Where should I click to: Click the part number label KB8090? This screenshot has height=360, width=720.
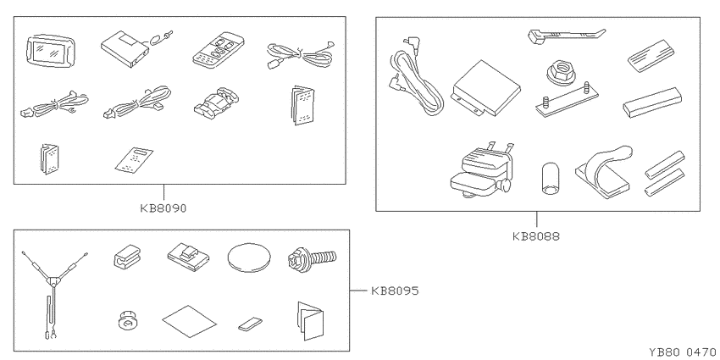pyautogui.click(x=163, y=208)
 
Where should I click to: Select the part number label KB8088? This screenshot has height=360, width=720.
pyautogui.click(x=536, y=236)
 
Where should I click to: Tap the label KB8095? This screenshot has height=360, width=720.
pyautogui.click(x=395, y=291)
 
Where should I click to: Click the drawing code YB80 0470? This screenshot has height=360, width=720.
pyautogui.click(x=684, y=352)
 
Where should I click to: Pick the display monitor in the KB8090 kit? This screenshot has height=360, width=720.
pyautogui.click(x=51, y=50)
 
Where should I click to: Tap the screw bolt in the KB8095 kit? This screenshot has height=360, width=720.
pyautogui.click(x=313, y=258)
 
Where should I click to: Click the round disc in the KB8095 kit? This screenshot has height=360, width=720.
pyautogui.click(x=249, y=258)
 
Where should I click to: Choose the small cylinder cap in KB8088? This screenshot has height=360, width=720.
pyautogui.click(x=550, y=179)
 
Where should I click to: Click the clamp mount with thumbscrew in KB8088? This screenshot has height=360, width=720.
pyautogui.click(x=483, y=171)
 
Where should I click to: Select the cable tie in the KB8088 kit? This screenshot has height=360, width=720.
pyautogui.click(x=567, y=36)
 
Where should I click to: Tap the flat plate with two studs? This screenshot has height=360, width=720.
pyautogui.click(x=567, y=100)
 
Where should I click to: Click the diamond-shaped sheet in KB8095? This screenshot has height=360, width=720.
pyautogui.click(x=189, y=321)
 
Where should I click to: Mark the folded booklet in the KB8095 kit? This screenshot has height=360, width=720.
pyautogui.click(x=311, y=321)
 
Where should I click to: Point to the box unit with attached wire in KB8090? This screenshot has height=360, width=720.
pyautogui.click(x=137, y=47)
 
